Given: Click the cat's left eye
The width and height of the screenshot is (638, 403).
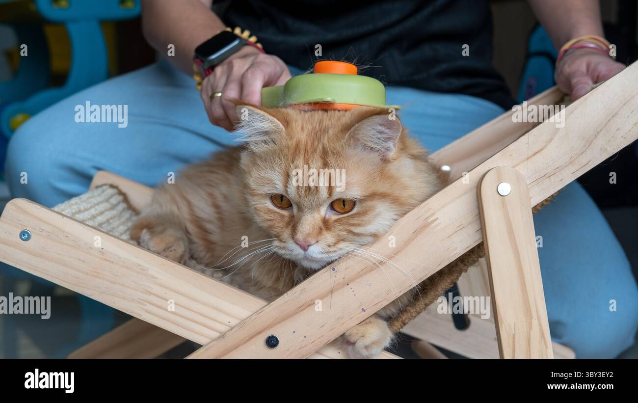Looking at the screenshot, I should [x=342, y=205].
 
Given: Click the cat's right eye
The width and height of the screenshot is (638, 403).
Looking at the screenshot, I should [x=281, y=201].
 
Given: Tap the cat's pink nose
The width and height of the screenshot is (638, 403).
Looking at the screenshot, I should [x=304, y=243].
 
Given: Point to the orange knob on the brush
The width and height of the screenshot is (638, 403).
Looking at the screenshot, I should [x=335, y=68].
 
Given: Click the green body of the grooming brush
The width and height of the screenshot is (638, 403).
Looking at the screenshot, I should [x=329, y=91].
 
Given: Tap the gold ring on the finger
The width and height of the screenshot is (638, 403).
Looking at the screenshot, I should [x=215, y=95].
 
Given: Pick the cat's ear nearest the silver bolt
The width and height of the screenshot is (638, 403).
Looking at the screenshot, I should [x=377, y=134].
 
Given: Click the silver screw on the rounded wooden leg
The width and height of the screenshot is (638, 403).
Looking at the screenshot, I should [x=504, y=188].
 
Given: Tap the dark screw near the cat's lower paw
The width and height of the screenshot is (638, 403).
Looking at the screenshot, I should [x=272, y=341].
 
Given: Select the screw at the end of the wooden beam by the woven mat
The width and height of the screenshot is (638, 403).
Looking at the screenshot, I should [x=25, y=235].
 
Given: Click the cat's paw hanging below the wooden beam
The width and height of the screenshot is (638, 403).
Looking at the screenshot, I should [x=366, y=338].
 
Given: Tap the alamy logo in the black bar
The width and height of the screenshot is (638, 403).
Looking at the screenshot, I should [x=50, y=381].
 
